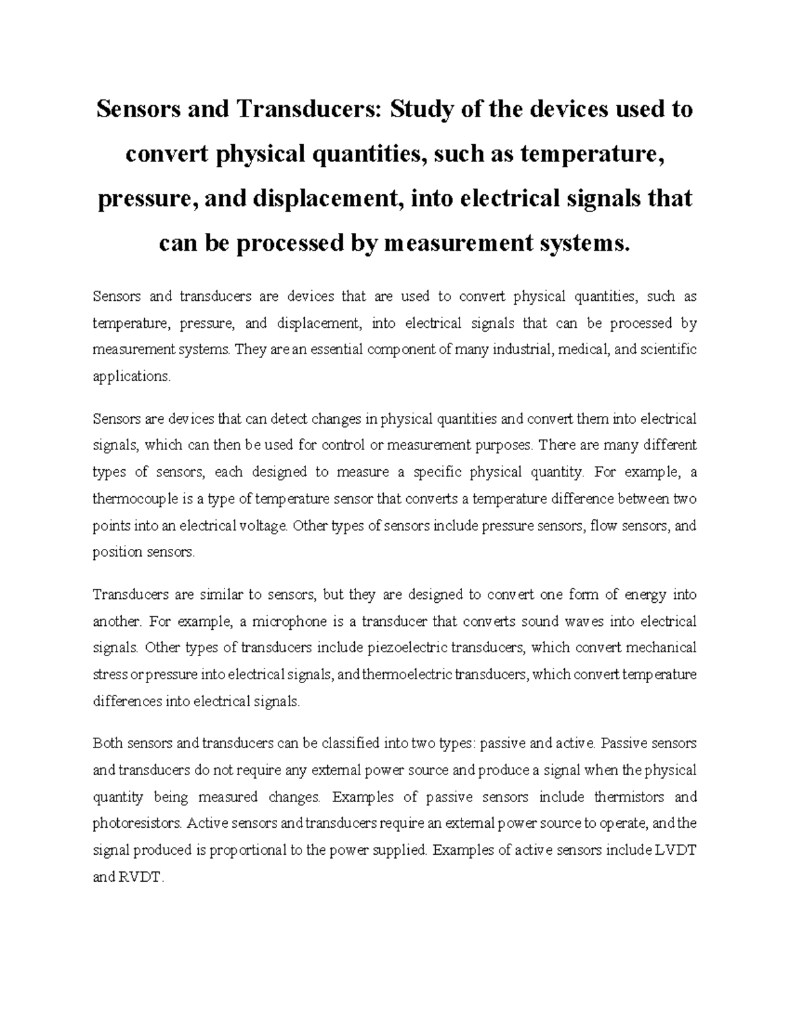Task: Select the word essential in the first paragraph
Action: (x=335, y=349)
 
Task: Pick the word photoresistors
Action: (x=138, y=824)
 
